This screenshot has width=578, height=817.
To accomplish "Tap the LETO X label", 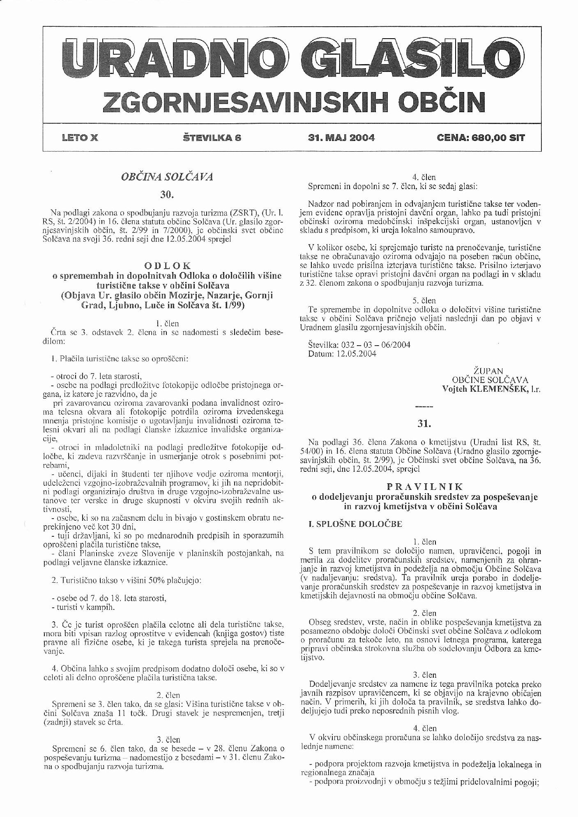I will coord(80,138).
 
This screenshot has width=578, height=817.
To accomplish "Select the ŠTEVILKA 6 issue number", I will coord(212,138).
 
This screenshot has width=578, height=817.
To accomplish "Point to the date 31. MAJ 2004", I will coord(341,138).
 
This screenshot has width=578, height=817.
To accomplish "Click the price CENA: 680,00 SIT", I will coord(481,138).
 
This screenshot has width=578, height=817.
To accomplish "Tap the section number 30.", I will coord(167,194).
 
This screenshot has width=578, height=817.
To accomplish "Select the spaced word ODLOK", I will coord(167,266).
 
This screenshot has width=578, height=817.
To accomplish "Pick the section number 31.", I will coord(424,423).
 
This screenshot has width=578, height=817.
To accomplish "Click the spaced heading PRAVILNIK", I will coord(425,487).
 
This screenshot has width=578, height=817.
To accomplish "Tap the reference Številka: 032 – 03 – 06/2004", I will coord(359,344).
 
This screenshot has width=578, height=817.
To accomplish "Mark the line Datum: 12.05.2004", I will coord(342,353).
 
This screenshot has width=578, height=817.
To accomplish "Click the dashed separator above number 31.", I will coord(424,407).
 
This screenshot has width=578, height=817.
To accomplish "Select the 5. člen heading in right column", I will coord(424,300).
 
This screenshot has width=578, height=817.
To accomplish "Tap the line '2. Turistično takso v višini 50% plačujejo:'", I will coord(126,580).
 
